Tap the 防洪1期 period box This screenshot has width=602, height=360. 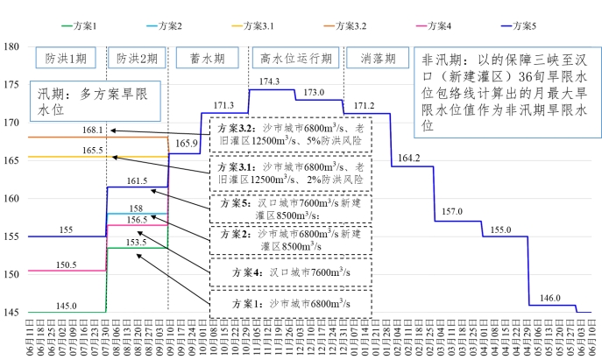pos(66,59)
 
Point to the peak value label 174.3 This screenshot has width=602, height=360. pos(270,81)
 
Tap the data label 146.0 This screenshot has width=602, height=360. pos(551,297)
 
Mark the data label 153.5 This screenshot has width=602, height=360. pos(136,242)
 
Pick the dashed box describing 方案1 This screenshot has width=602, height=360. pos(290,302)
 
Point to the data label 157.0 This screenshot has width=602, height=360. pos(452,212)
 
